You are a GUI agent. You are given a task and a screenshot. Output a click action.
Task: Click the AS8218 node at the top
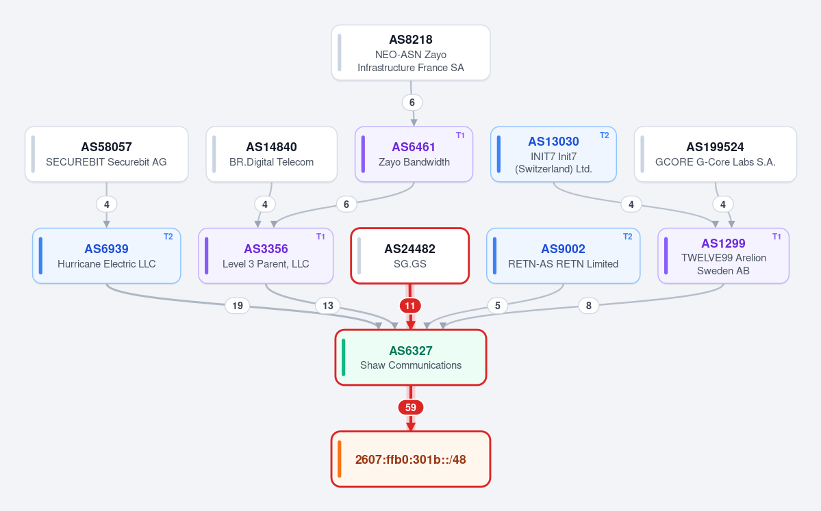pos(411,53)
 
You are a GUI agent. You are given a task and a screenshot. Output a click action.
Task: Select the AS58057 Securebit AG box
pos(106,155)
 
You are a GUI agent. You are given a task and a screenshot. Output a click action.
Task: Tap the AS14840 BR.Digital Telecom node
pos(271,155)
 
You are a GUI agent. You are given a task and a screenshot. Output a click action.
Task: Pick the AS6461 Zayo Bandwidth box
pos(414,155)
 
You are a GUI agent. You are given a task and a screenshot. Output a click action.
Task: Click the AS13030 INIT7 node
pos(553,155)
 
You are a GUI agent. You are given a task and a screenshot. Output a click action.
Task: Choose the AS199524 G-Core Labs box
pos(716,155)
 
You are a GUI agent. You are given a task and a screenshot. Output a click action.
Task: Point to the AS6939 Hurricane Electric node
pos(106,256)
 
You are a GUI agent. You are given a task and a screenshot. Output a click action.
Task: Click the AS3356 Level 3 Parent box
pos(266,256)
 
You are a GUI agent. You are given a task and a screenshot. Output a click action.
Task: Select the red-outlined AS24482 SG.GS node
pos(409,256)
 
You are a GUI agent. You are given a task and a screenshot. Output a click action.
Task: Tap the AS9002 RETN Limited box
pos(563,256)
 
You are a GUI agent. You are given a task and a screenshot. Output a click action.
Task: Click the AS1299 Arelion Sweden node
pos(723,256)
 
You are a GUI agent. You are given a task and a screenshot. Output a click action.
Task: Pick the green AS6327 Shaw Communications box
pos(411,357)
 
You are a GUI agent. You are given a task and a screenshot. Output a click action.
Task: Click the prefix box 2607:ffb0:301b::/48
pos(411,459)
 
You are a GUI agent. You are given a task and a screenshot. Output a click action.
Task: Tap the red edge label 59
pos(411,408)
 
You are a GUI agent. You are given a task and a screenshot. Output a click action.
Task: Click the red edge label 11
pos(410,306)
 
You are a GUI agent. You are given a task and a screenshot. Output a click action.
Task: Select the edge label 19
pos(237,306)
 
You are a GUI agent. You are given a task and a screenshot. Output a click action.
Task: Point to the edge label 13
pos(328,306)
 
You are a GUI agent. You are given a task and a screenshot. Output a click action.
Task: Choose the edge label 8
pos(588,306)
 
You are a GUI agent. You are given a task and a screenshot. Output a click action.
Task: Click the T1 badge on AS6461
pos(460,135)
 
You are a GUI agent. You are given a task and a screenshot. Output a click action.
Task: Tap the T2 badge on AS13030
pos(604,135)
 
